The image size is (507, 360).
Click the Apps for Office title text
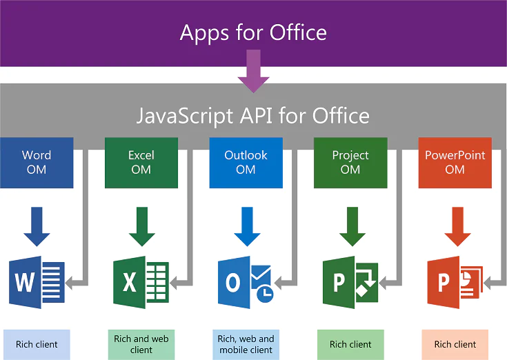coord(253,32)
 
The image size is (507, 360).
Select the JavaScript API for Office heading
coord(253,115)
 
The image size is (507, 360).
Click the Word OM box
coord(37,163)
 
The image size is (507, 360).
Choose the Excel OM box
coord(141,163)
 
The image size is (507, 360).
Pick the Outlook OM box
coord(246,163)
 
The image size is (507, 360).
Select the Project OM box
coord(350,163)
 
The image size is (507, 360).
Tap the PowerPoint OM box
coord(455,163)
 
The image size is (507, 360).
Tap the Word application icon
coord(36,282)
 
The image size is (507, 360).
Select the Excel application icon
coord(140,282)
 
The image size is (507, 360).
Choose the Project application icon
coord(349,282)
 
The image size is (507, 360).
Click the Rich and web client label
coord(141,344)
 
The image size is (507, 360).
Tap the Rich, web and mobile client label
coord(246,344)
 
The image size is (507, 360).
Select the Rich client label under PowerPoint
coord(455,344)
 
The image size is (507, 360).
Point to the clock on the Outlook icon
coord(264,292)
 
